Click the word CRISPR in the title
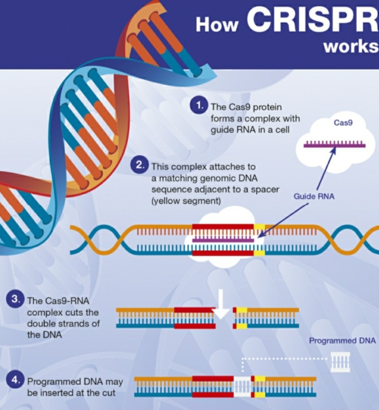tap(313, 19)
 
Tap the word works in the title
tap(351, 46)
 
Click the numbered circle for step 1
tap(199, 105)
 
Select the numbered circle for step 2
tap(140, 164)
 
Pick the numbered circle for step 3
tap(15, 299)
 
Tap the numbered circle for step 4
tap(15, 379)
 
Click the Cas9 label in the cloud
tap(343, 123)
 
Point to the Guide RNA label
tap(314, 196)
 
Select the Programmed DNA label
tap(343, 341)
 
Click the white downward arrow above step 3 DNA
tap(221, 305)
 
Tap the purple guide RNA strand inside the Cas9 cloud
tap(334, 144)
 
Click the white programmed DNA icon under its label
tap(340, 362)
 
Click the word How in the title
tap(217, 25)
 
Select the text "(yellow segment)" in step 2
tap(186, 201)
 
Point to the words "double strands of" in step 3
tap(63, 324)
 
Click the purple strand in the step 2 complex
tap(223, 240)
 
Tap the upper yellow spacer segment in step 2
tap(259, 227)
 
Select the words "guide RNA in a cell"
tap(250, 130)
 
